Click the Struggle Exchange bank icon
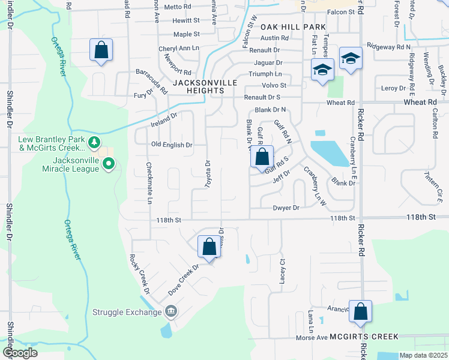tap(171, 311)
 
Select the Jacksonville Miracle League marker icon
tap(109, 163)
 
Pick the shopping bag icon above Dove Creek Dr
tap(209, 246)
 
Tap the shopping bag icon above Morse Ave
tap(360, 311)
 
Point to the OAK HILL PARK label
tap(293, 27)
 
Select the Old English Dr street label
tap(172, 145)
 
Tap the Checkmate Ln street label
tap(148, 182)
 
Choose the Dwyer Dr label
tap(286, 208)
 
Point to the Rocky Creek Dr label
tap(139, 274)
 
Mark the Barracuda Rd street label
tap(151, 82)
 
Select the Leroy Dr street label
tap(394, 88)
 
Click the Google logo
tap(20, 353)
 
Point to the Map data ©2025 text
tap(423, 355)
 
